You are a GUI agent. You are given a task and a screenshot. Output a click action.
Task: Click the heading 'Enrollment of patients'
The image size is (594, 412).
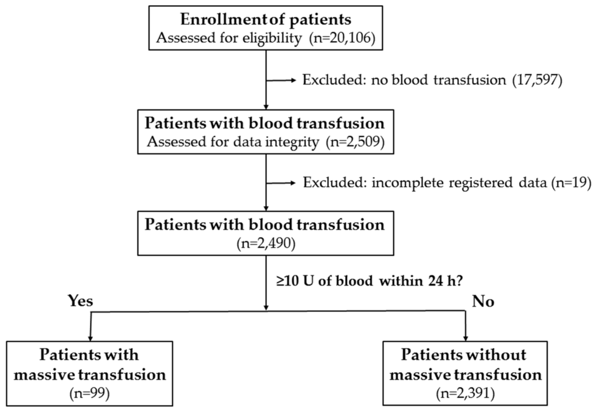pyautogui.click(x=266, y=19)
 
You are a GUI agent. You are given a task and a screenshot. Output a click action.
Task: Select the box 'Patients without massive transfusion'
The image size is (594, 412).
pyautogui.click(x=465, y=373)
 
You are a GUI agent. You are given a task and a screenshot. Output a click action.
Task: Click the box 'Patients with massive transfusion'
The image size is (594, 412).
pyautogui.click(x=90, y=373)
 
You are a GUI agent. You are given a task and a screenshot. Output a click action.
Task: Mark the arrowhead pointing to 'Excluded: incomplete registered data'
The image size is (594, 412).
pyautogui.click(x=295, y=184)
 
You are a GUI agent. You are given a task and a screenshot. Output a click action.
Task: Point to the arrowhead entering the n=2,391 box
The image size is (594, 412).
pyautogui.click(x=465, y=337)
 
